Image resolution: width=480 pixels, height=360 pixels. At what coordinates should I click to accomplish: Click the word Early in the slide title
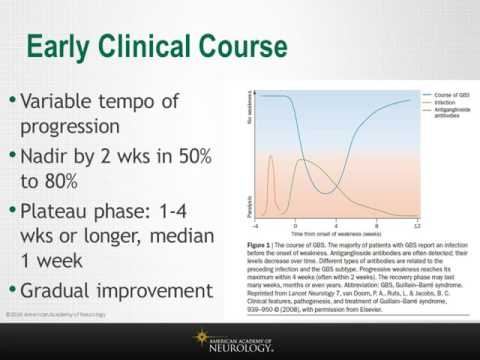click(x=63, y=46)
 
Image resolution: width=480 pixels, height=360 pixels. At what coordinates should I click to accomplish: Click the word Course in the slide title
click(x=236, y=46)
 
